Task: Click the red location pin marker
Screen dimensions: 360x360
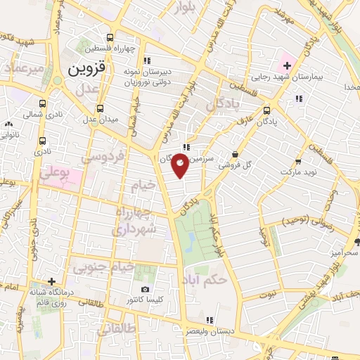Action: pyautogui.click(x=181, y=166)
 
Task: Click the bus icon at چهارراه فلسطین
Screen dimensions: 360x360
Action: pyautogui.click(x=109, y=38)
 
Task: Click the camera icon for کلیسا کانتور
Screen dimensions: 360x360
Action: pyautogui.click(x=145, y=290)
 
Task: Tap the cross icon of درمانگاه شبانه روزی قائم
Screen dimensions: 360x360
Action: pyautogui.click(x=51, y=281)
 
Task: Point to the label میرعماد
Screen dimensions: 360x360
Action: pyautogui.click(x=25, y=70)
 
